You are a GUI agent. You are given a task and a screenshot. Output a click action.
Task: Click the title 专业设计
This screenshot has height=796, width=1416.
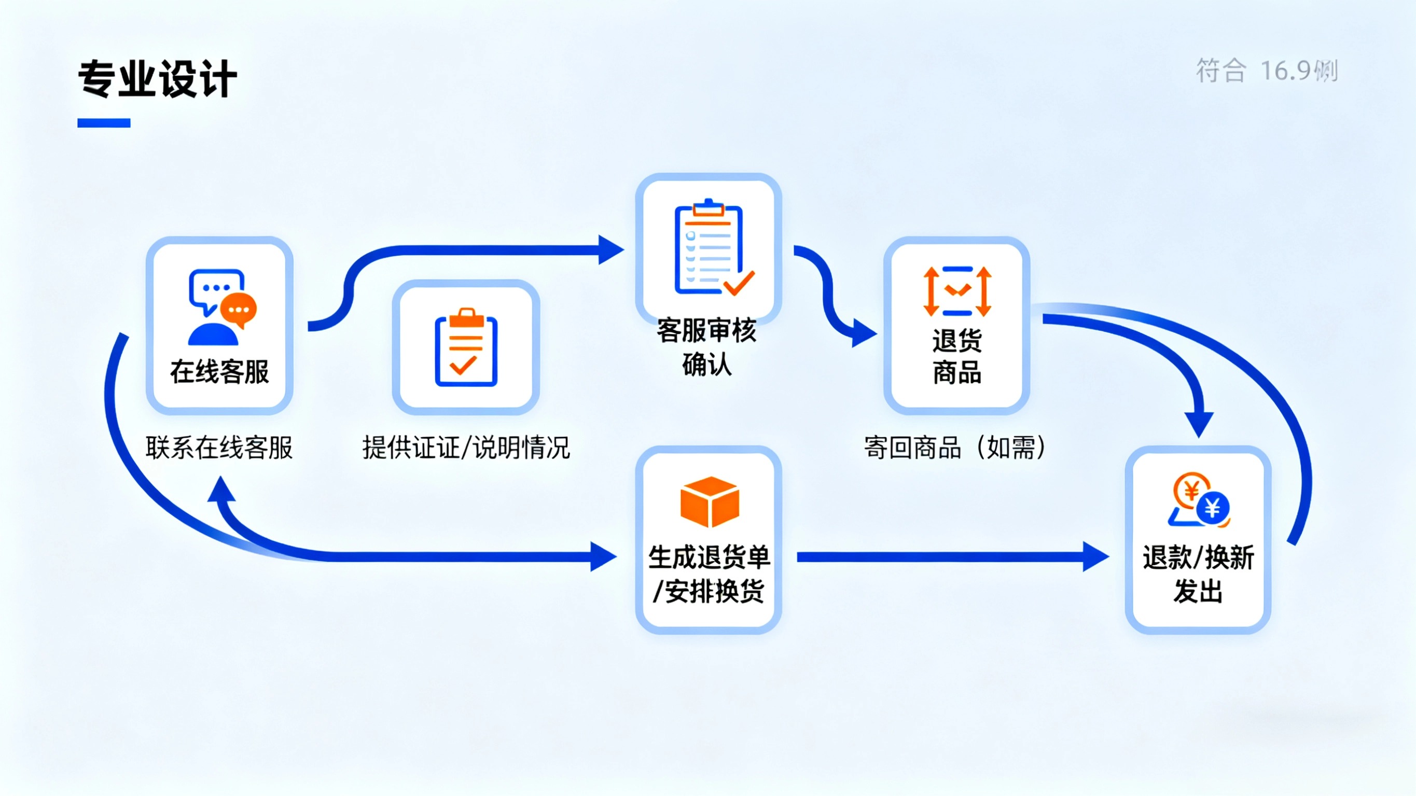tap(157, 79)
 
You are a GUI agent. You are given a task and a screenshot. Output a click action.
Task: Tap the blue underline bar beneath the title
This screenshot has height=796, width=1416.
tap(104, 123)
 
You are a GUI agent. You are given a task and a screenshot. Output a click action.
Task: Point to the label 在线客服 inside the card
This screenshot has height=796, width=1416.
tap(219, 372)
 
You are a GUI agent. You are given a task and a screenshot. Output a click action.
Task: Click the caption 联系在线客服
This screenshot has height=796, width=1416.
tap(219, 448)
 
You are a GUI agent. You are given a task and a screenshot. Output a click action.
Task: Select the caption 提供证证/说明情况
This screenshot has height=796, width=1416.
tap(466, 448)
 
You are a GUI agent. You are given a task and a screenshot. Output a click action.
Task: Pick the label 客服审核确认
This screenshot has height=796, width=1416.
tap(707, 347)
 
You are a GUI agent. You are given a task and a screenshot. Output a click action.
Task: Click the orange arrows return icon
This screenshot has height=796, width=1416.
tap(957, 291)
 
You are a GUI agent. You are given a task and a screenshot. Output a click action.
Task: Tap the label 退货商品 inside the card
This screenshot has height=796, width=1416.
tap(957, 356)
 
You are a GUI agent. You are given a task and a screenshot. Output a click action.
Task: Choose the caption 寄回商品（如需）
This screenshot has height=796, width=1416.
tap(955, 448)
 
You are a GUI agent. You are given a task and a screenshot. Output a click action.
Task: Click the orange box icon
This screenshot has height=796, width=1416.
tap(709, 501)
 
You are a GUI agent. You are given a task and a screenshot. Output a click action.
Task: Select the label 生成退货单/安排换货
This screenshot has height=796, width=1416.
tap(709, 574)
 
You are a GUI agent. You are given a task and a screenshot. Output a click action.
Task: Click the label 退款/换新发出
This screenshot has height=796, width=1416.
tap(1198, 574)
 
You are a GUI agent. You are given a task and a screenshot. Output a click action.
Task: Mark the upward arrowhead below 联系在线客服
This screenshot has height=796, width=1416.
tap(221, 489)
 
